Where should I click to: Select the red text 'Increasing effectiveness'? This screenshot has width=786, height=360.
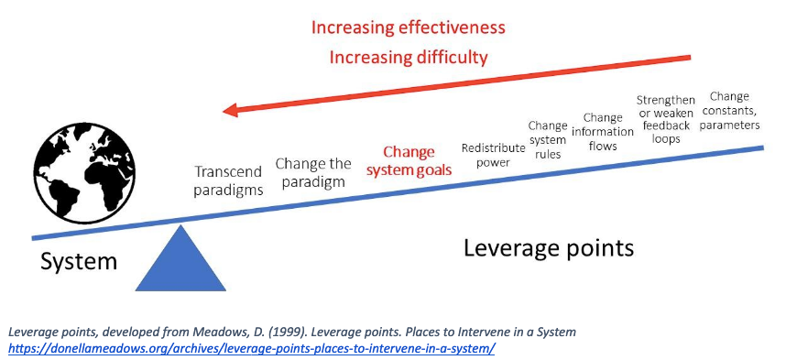pos(408,27)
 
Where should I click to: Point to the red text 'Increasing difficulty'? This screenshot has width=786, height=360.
pos(408,58)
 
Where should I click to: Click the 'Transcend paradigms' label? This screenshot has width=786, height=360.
pos(229,180)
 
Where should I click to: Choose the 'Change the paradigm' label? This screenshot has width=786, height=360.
pos(313,172)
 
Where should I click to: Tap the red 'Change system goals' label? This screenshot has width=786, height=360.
pos(409,161)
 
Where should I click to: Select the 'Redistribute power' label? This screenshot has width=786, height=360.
pos(493,155)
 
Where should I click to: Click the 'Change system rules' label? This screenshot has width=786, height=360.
pos(548,139)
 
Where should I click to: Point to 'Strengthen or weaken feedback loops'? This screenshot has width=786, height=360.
pos(666,119)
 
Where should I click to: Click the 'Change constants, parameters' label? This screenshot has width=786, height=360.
pos(729,110)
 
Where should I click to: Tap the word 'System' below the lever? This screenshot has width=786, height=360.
pos(79,262)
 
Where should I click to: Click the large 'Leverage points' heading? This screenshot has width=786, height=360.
pos(549,248)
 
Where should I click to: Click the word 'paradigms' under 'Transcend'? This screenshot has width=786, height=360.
pos(229,190)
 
